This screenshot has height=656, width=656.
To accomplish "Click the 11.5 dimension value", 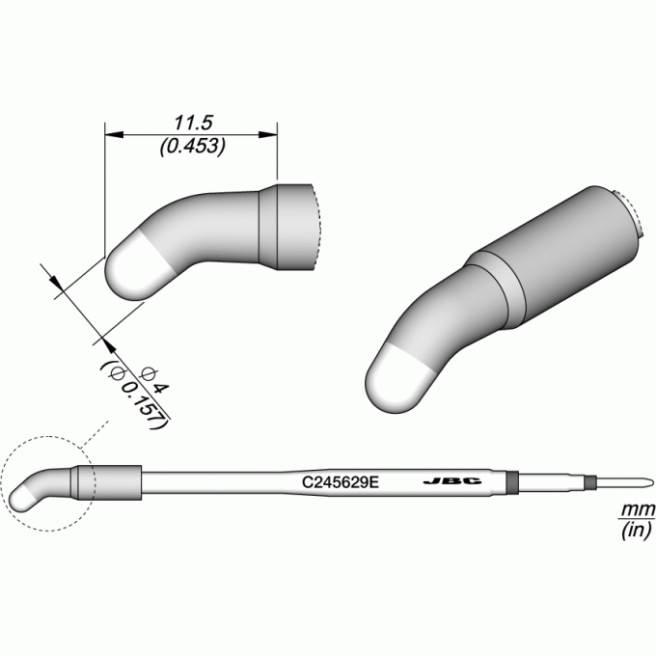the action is click(x=193, y=123).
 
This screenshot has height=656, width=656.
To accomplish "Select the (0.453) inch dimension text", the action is click(x=193, y=146).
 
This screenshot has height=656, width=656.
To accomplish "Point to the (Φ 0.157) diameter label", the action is click(x=134, y=394).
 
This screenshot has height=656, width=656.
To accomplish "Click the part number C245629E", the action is click(x=341, y=482).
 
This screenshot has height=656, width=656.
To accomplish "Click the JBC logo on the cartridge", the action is click(x=452, y=481).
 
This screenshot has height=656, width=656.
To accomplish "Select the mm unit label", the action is click(x=638, y=510).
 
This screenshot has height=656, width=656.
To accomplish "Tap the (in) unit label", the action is click(x=637, y=531).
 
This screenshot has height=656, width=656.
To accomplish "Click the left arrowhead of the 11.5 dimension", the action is click(x=114, y=135).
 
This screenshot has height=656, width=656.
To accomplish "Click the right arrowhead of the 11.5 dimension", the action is click(x=268, y=135).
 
